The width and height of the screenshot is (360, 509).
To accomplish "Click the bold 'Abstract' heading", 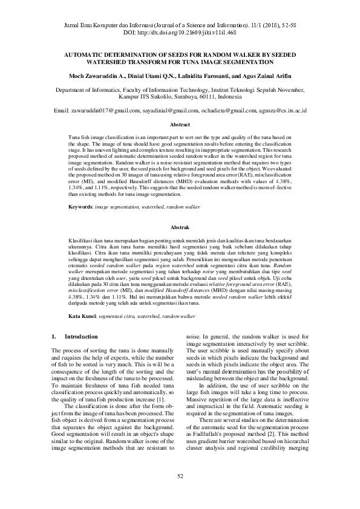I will pyautogui.click(x=180, y=125).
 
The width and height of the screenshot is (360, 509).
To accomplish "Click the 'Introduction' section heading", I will pyautogui.click(x=81, y=336).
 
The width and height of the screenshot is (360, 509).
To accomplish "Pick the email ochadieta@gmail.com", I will pyautogui.click(x=225, y=111).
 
